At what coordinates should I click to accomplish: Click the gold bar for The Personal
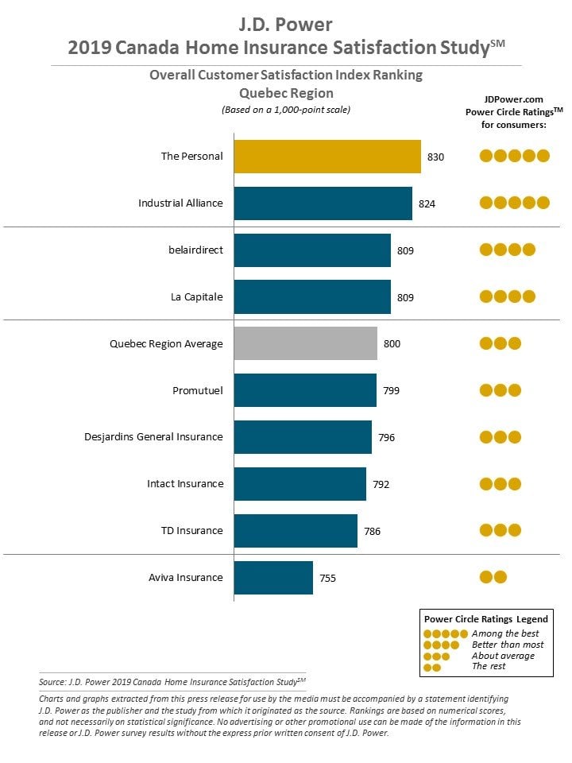tap(327, 157)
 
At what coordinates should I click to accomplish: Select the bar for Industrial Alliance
tap(323, 203)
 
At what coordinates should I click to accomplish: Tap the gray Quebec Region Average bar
tap(305, 343)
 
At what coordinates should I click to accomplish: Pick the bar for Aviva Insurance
tap(273, 578)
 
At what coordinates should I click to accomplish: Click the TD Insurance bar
tap(296, 531)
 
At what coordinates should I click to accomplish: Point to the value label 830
tap(436, 157)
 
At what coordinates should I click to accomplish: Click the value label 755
tap(328, 578)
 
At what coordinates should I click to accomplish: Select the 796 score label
tap(387, 437)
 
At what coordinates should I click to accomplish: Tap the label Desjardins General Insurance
tap(153, 437)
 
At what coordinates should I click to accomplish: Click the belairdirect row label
tap(196, 250)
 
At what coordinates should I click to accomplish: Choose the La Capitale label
tap(197, 296)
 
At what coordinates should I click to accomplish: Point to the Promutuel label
tap(198, 390)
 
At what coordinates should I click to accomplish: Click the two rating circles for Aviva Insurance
tap(493, 577)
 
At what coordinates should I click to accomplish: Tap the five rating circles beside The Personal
tap(515, 156)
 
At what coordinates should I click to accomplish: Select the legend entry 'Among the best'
tap(505, 633)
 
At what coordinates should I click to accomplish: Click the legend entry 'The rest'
tap(489, 666)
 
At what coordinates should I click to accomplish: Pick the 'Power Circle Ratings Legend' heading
tap(486, 619)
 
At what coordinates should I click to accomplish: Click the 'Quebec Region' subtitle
tap(287, 93)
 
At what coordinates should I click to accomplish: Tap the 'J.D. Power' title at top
tap(286, 25)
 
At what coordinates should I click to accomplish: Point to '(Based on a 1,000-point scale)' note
tap(286, 110)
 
